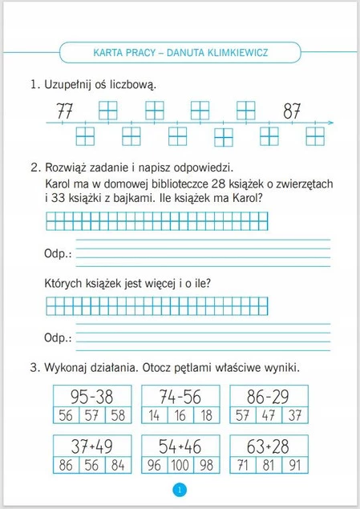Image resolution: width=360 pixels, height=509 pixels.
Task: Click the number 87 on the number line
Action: pos(292,110)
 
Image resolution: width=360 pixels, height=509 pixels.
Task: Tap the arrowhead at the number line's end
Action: pos(330,123)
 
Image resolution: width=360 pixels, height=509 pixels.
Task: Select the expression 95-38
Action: pos(91,396)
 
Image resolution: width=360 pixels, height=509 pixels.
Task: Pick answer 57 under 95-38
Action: pos(92,415)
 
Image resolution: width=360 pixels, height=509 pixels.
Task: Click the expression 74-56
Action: pos(180,396)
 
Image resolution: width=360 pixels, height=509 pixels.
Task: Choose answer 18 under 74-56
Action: pos(207,415)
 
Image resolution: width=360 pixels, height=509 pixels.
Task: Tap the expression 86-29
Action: pos(268,396)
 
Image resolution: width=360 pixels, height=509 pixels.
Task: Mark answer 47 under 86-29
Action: pos(269,415)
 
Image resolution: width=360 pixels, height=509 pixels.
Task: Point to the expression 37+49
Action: pos(91,446)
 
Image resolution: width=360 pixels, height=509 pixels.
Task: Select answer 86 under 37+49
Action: pos(66,465)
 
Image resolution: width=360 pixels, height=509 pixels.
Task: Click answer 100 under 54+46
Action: pos(180,465)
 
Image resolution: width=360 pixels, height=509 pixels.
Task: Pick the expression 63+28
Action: pos(268,446)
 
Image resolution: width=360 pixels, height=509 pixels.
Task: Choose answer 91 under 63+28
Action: pos(296,465)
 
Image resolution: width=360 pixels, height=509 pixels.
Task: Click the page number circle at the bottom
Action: pos(180,490)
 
